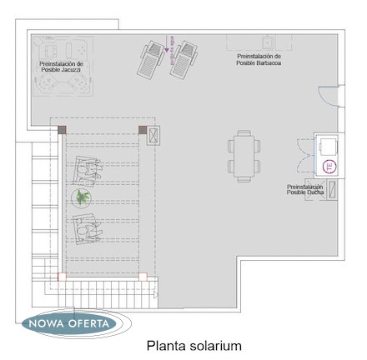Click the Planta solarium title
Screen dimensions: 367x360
click(x=194, y=346)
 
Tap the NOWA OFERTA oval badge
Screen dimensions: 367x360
click(x=69, y=323)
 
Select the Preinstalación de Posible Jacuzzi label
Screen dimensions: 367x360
click(x=61, y=67)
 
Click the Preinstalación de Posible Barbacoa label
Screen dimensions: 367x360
click(x=259, y=60)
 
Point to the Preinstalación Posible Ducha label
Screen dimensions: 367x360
click(x=305, y=189)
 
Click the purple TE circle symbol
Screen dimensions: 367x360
click(x=329, y=167)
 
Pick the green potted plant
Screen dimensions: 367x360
click(x=82, y=197)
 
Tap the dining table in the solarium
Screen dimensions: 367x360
click(x=244, y=156)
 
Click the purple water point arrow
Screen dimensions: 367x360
click(x=166, y=43)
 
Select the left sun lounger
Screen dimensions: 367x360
click(x=151, y=60)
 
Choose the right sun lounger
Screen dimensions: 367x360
click(x=183, y=60)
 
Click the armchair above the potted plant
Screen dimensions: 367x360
click(x=87, y=170)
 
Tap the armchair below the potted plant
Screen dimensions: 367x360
click(x=86, y=229)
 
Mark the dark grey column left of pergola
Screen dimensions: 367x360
click(x=62, y=130)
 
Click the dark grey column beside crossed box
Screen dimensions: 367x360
click(x=143, y=130)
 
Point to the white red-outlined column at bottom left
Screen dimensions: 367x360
click(x=62, y=277)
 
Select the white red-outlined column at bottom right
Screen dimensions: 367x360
click(x=143, y=277)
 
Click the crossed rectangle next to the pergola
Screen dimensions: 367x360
click(x=153, y=136)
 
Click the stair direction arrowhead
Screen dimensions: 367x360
click(x=156, y=295)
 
